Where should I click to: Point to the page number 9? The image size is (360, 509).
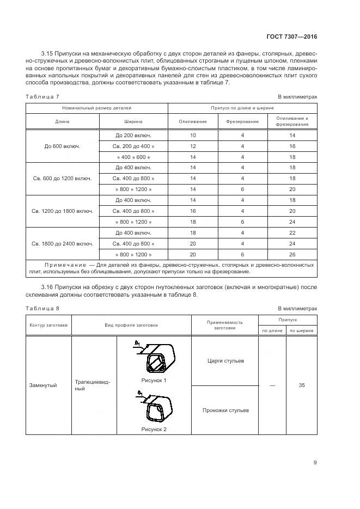click(315, 463)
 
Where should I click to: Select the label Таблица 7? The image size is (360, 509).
click(42, 97)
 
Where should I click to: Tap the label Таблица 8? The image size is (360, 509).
click(42, 309)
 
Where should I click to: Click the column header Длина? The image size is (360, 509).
click(62, 121)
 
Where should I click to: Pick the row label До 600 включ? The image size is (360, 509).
click(62, 146)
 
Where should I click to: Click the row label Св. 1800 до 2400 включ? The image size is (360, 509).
click(62, 243)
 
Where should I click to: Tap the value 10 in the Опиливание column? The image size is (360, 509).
click(193, 134)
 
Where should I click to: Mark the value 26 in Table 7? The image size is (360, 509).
click(292, 254)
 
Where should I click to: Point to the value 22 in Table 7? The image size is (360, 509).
click(292, 232)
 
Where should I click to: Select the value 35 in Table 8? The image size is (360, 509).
click(302, 385)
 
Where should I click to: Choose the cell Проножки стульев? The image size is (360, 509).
click(225, 410)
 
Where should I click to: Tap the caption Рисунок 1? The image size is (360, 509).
click(154, 380)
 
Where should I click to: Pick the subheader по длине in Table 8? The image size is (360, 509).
click(272, 330)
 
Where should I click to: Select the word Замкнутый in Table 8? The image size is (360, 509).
click(43, 385)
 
